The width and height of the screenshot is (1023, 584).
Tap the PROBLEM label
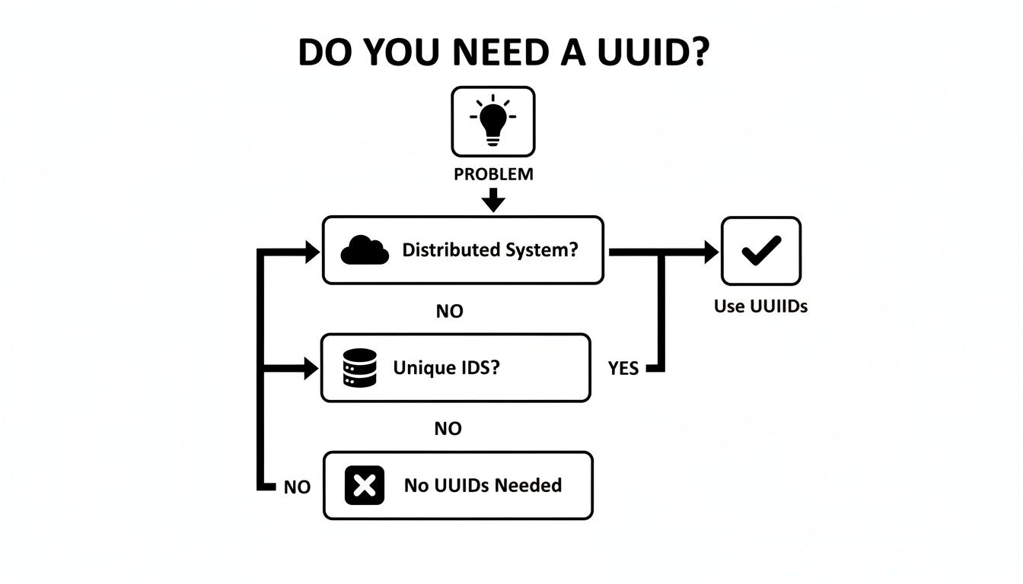(493, 174)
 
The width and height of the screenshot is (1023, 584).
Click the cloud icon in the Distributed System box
(365, 250)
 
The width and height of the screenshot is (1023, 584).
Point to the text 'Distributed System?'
(490, 250)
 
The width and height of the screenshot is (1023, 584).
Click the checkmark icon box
(760, 251)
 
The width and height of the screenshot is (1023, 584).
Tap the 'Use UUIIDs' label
(760, 306)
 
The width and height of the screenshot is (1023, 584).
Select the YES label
(623, 369)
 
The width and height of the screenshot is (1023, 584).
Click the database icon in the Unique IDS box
(360, 368)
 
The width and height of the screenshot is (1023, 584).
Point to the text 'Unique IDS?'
(446, 368)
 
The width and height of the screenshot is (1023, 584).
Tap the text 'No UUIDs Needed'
(483, 486)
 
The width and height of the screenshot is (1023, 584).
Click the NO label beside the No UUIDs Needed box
(297, 487)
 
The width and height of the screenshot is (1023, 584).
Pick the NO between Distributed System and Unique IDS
(449, 312)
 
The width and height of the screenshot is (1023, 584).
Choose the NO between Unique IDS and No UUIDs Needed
(448, 429)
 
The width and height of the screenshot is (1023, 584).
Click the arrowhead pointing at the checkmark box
(711, 252)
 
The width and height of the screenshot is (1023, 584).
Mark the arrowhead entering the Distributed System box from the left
(312, 252)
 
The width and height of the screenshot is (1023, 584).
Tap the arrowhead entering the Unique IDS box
(311, 370)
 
